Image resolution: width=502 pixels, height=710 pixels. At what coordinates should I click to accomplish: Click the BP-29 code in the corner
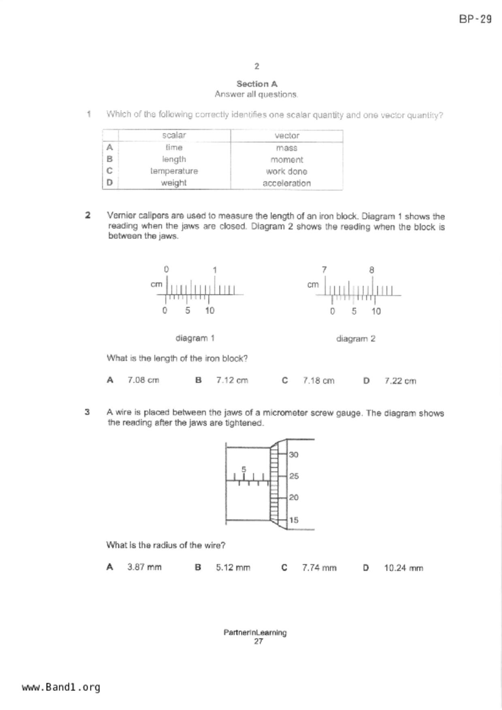tap(475, 19)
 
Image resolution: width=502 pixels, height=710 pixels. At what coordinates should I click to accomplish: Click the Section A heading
tap(257, 84)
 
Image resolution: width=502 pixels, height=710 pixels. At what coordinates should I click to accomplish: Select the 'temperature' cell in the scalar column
tap(174, 171)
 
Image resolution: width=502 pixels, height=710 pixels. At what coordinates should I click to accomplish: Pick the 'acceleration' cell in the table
tap(286, 183)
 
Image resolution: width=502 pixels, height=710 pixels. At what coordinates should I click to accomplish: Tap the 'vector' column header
tap(286, 136)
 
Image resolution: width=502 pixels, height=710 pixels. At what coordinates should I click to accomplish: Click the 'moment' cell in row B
tap(286, 159)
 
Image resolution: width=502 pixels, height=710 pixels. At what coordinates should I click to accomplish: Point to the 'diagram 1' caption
tap(195, 338)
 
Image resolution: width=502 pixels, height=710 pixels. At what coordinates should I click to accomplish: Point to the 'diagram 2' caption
tap(356, 339)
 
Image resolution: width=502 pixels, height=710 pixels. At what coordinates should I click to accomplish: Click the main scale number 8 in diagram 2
tap(372, 270)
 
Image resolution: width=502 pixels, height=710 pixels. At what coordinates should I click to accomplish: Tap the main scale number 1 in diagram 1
tap(215, 270)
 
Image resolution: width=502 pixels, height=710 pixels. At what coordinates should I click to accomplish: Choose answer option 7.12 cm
tap(232, 381)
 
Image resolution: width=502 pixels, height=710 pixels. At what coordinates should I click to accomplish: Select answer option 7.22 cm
tap(400, 381)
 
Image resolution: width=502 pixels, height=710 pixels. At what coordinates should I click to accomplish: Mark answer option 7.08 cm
tap(143, 380)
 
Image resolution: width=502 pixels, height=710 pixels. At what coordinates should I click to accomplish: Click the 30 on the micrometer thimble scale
tap(294, 455)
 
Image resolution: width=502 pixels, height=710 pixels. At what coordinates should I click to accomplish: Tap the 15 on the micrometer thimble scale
tap(294, 520)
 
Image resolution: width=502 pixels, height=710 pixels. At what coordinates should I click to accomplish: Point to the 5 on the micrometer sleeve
tap(244, 470)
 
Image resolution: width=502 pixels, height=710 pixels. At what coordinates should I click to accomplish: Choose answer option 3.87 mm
tap(144, 567)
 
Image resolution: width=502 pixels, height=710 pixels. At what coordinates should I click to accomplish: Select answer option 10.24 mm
tap(403, 568)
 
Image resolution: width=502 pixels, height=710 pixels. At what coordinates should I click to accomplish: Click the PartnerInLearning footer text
tap(255, 632)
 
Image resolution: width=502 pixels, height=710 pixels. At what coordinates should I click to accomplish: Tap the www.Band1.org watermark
tap(61, 687)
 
